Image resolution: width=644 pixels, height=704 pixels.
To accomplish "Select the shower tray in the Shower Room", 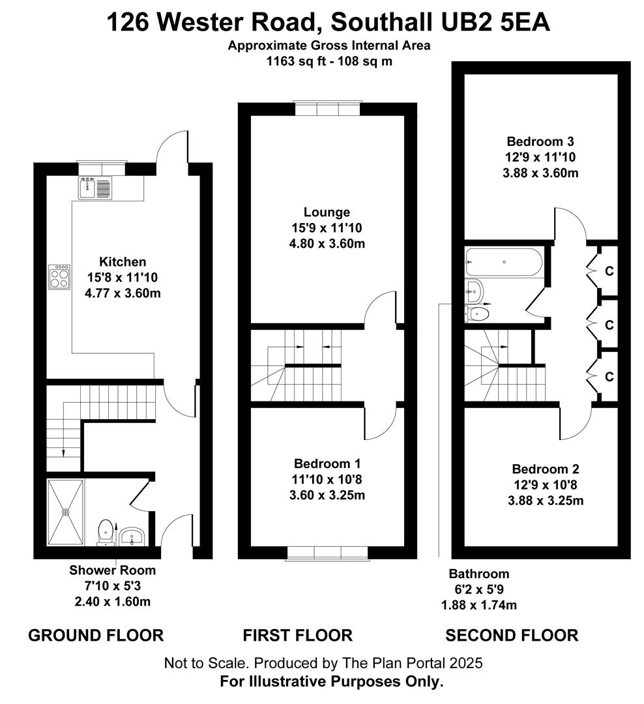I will coord(65,512).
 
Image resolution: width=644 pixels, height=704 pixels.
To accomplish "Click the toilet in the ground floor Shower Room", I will coord(105,531).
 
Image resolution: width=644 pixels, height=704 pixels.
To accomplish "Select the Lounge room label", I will coord(327,212).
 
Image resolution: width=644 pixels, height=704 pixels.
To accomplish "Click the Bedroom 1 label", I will coord(327,463).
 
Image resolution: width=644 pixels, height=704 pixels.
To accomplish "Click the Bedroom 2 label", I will coord(546,469).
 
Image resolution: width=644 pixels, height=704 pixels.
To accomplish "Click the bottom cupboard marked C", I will coord(609,377).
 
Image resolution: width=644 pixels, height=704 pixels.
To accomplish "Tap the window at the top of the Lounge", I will coord(327,108).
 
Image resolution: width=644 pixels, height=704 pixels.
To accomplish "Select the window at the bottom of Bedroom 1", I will coord(327,553).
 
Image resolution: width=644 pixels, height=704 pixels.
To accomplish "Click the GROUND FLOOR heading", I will coord(96,635).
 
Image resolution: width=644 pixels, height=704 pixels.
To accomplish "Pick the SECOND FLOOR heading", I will coord(512,635).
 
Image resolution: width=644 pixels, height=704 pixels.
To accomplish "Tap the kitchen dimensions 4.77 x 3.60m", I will coord(123,293).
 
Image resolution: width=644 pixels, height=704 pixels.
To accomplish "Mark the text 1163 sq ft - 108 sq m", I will coord(329,62).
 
